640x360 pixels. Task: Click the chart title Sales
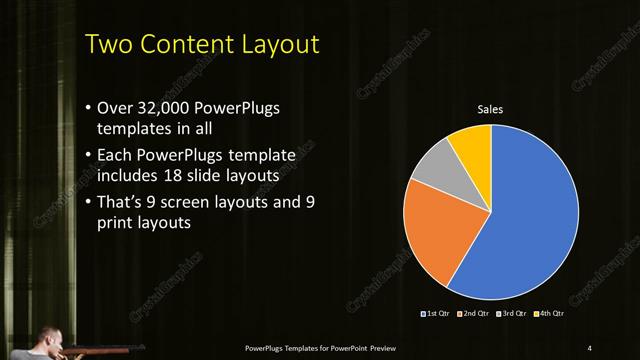[x=490, y=109]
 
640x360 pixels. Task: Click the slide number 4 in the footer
[x=589, y=347]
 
